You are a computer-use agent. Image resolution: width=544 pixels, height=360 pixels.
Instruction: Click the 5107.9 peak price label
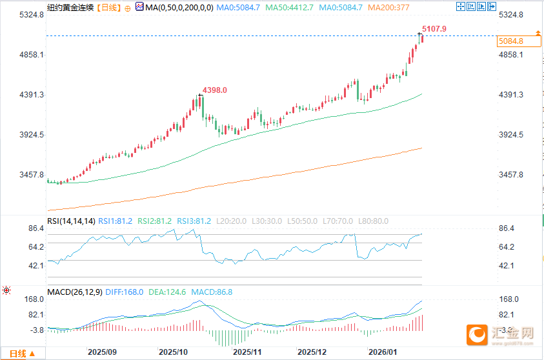pyautogui.click(x=434, y=29)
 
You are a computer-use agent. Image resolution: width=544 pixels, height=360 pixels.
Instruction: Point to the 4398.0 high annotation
pyautogui.click(x=215, y=90)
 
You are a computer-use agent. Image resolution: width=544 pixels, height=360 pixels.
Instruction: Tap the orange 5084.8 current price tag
pyautogui.click(x=510, y=41)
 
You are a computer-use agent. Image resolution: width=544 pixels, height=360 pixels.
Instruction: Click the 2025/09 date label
pyautogui.click(x=101, y=353)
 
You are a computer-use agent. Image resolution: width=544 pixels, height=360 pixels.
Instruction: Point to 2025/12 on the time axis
pyautogui.click(x=312, y=353)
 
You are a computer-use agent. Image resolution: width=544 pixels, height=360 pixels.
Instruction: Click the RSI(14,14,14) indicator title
pyautogui.click(x=71, y=221)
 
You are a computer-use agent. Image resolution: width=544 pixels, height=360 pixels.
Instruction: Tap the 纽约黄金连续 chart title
pyautogui.click(x=71, y=8)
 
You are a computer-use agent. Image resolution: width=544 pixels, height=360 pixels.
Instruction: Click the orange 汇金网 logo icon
pyautogui.click(x=477, y=334)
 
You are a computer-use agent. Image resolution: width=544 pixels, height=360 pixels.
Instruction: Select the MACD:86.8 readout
pyautogui.click(x=212, y=292)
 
